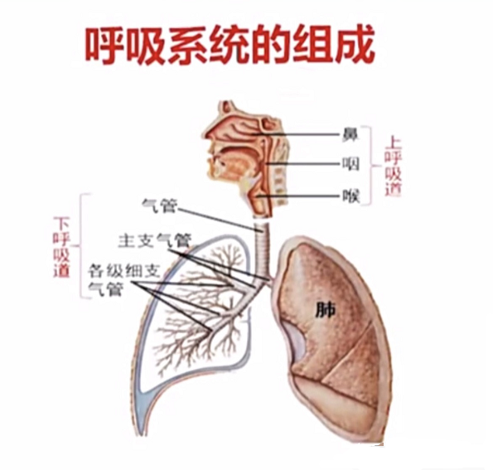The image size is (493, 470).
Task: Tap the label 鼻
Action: [x=350, y=134]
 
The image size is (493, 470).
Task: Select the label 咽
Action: [x=350, y=164]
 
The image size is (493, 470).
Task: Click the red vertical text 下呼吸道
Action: [x=61, y=247]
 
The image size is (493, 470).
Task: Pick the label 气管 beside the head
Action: [x=159, y=206]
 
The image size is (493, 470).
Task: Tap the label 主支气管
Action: [x=154, y=241]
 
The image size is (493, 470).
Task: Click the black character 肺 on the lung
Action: [x=326, y=311]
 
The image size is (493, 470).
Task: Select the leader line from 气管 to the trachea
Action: [x=219, y=220]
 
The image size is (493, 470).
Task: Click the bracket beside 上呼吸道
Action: [x=371, y=166]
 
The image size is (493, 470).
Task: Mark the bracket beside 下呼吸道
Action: [x=81, y=245]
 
